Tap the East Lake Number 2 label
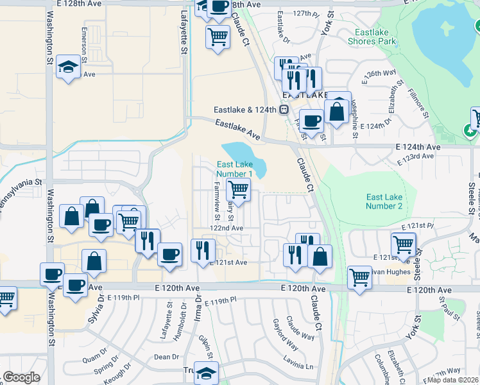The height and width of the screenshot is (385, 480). tap(384, 201)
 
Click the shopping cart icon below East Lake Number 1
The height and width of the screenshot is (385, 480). tap(238, 189)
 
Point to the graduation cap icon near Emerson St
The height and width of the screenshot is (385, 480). tap(67, 67)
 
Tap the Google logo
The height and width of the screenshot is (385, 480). tap(21, 377)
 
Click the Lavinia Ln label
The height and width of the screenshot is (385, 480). tap(300, 366)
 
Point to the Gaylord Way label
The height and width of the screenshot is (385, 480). tap(286, 335)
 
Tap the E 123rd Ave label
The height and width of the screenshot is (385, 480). tap(416, 157)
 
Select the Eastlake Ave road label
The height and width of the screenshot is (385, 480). tap(237, 130)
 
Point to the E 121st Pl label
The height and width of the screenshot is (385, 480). tap(418, 227)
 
